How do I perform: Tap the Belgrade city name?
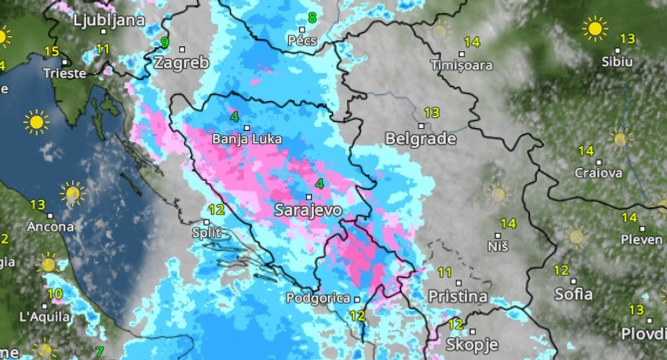(x=421, y=139)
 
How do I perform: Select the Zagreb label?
(x=182, y=63)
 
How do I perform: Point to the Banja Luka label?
(x=246, y=139)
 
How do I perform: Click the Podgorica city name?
(x=317, y=298)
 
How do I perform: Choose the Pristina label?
(x=457, y=297)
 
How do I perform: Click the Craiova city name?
(x=598, y=173)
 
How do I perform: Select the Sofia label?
(x=573, y=294)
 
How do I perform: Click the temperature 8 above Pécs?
(x=312, y=17)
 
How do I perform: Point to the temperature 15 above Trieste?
(x=52, y=52)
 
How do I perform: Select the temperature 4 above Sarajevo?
(x=319, y=184)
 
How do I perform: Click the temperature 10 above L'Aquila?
(x=54, y=295)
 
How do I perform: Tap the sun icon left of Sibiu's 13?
(x=594, y=29)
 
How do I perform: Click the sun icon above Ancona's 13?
(x=72, y=192)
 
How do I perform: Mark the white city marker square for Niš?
(x=498, y=234)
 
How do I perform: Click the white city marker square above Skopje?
(x=472, y=331)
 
